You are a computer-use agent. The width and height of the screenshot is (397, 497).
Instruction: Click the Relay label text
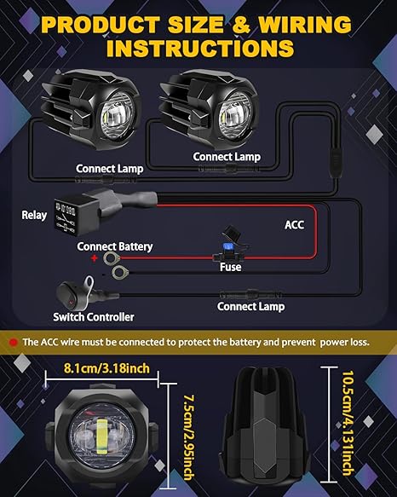point(34,215)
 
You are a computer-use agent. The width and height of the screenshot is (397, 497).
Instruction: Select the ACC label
point(295,225)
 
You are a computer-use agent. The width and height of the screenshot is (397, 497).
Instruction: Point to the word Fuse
point(231,267)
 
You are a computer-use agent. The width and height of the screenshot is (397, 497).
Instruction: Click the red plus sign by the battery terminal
point(95,258)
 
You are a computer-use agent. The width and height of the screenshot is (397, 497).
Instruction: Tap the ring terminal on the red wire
point(110,258)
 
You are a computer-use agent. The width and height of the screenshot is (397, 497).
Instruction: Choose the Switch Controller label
point(94,317)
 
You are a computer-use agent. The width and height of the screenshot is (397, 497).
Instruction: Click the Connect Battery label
point(115,246)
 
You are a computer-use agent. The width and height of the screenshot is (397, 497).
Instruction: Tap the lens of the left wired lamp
point(118,116)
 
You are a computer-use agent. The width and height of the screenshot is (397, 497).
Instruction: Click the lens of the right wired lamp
point(235,116)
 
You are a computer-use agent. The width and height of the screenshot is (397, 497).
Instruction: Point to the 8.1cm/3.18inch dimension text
point(106,368)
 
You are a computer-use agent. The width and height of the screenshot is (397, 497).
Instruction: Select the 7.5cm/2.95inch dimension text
point(189,437)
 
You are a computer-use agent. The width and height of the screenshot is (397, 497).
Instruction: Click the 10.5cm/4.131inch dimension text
point(348,424)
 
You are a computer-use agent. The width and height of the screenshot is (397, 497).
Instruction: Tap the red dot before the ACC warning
point(14,343)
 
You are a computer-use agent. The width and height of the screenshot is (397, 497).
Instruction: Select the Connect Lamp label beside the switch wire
point(250,307)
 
